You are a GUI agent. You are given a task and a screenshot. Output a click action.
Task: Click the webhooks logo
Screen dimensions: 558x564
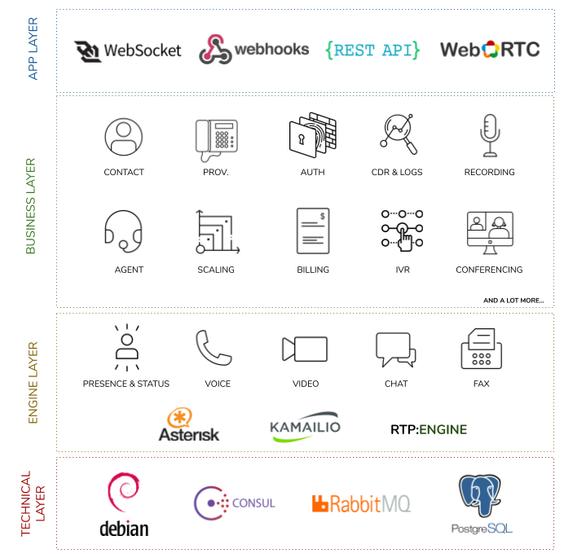pos(253,50)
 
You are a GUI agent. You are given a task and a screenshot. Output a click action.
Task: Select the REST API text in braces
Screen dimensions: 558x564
pos(372,50)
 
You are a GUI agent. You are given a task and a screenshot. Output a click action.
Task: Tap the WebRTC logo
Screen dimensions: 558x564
pos(490,50)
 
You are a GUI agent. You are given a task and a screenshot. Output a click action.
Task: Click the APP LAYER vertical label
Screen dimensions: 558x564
pos(33,51)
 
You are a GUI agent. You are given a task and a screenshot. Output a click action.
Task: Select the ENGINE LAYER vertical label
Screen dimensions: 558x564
pos(33,383)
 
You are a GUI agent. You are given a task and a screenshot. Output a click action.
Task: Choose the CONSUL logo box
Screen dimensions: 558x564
pos(236,503)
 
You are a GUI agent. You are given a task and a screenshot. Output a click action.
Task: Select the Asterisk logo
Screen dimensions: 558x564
pos(188,424)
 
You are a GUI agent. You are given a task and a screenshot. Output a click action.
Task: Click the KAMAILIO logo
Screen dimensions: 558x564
pos(305,426)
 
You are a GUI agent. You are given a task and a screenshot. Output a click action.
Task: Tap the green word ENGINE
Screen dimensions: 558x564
pos(443,429)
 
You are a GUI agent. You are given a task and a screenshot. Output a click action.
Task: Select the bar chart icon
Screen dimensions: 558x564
pos(217,232)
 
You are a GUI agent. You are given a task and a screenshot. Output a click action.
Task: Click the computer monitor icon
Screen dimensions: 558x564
pos(490,233)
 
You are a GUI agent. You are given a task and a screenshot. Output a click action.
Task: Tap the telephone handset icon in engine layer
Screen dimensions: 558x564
pos(213,349)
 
